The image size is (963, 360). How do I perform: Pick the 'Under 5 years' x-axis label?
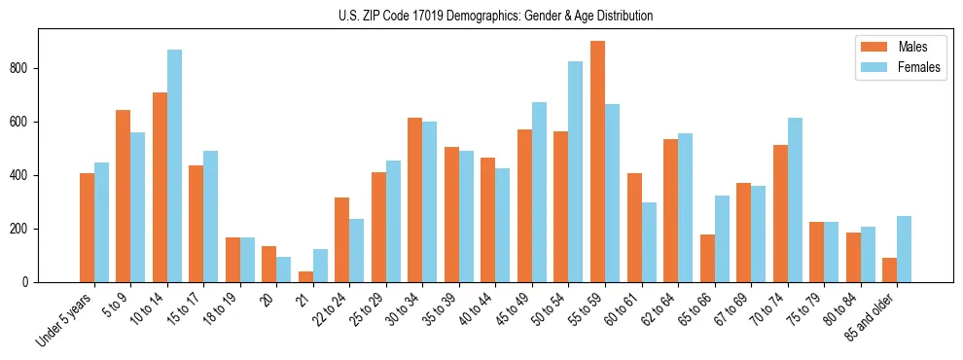click(x=66, y=321)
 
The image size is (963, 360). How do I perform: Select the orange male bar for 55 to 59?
click(x=597, y=162)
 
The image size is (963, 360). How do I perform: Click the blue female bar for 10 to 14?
click(x=174, y=166)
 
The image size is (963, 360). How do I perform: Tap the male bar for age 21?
click(x=305, y=277)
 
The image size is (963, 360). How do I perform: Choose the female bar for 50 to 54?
click(x=576, y=172)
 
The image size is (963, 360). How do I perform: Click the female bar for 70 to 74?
click(x=795, y=200)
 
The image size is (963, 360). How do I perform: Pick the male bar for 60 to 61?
click(x=634, y=228)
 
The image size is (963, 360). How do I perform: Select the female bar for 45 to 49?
click(x=539, y=193)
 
